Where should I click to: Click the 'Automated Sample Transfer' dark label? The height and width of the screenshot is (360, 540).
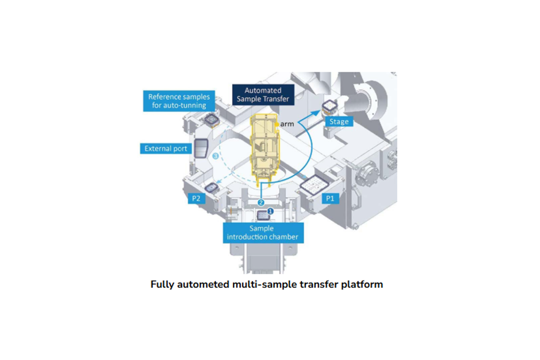[x=263, y=94]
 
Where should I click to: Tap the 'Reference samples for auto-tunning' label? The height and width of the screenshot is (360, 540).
[x=179, y=101]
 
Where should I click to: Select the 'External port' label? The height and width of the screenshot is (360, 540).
[x=166, y=148]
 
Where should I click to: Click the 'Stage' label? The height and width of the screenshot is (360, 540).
[x=339, y=121]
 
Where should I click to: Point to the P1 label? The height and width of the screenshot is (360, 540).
[x=330, y=198]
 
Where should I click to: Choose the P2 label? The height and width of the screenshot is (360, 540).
[x=196, y=198]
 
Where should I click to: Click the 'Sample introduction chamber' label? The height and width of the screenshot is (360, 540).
[x=263, y=233]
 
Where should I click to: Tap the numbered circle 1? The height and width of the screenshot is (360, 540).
[x=270, y=211]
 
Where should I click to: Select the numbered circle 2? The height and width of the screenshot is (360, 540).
[x=261, y=203]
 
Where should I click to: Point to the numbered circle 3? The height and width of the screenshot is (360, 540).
[x=216, y=156]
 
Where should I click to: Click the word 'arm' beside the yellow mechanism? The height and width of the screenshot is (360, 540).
[x=287, y=124]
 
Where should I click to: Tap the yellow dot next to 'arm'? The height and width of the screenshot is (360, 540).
[x=277, y=124]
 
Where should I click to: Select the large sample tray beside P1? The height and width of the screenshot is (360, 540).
[x=314, y=185]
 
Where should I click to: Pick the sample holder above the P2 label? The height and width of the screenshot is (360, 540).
[x=211, y=188]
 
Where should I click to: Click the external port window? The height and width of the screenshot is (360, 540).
[x=201, y=148]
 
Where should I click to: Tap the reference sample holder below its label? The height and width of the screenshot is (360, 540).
[x=211, y=120]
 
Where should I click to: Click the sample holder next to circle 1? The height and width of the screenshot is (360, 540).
[x=262, y=215]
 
